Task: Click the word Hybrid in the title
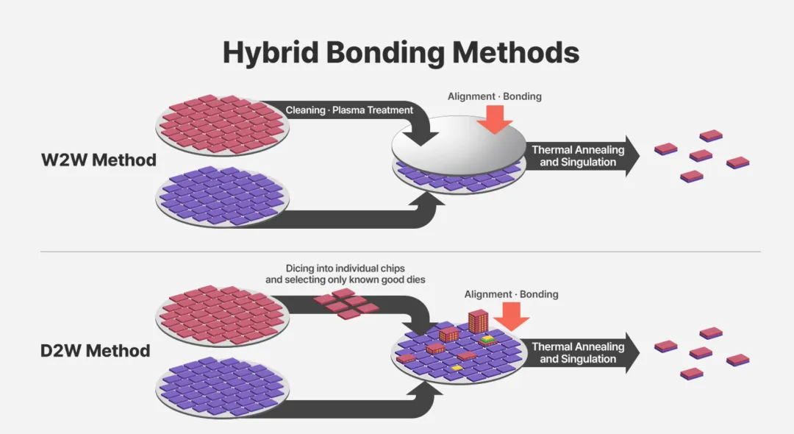271,53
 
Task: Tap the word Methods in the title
515,51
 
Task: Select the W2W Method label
99,160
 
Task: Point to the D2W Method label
95,350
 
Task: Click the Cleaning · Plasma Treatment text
349,110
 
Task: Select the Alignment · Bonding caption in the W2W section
494,96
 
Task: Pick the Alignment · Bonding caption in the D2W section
512,294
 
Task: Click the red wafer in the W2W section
222,124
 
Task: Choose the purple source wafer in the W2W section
222,196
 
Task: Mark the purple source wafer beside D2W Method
222,388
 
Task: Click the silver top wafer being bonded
459,145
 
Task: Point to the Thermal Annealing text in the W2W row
578,150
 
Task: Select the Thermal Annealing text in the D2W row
578,347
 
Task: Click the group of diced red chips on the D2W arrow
346,304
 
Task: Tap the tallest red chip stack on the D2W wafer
479,321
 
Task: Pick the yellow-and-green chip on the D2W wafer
487,339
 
